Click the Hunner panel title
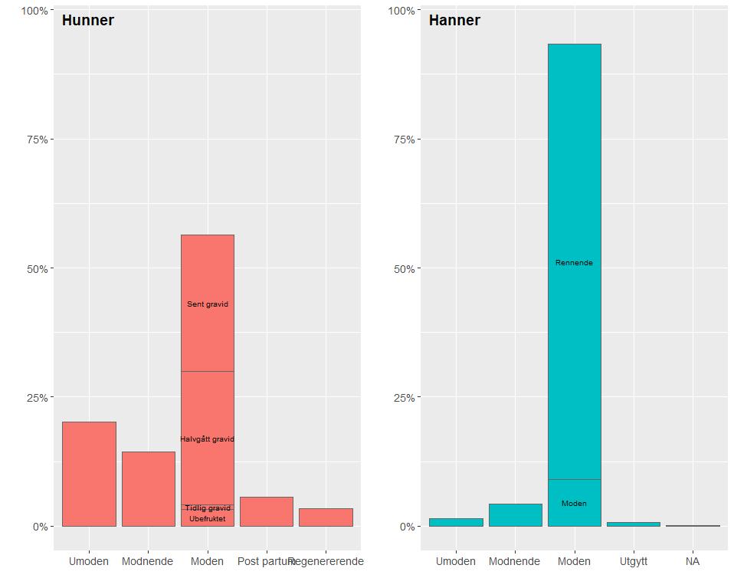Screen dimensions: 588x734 coord(87,21)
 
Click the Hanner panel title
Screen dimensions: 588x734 coord(454,21)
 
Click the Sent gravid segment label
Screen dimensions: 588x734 coord(208,304)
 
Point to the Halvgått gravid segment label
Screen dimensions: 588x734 coord(208,439)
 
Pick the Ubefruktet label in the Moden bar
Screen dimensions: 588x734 coord(208,519)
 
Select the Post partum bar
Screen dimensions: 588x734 coord(267,511)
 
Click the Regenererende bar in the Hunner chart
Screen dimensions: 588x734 coord(326,517)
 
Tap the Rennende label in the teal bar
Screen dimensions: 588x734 coord(574,263)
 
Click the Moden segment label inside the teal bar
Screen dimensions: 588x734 coord(574,504)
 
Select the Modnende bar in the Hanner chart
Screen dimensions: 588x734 coord(515,515)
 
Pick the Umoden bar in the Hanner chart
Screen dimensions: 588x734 coord(456,522)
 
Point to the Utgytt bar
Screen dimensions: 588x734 coord(633,524)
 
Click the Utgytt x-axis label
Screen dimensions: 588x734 coord(633,561)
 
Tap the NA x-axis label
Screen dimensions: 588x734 coord(693,561)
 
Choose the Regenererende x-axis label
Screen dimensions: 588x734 coord(326,561)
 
